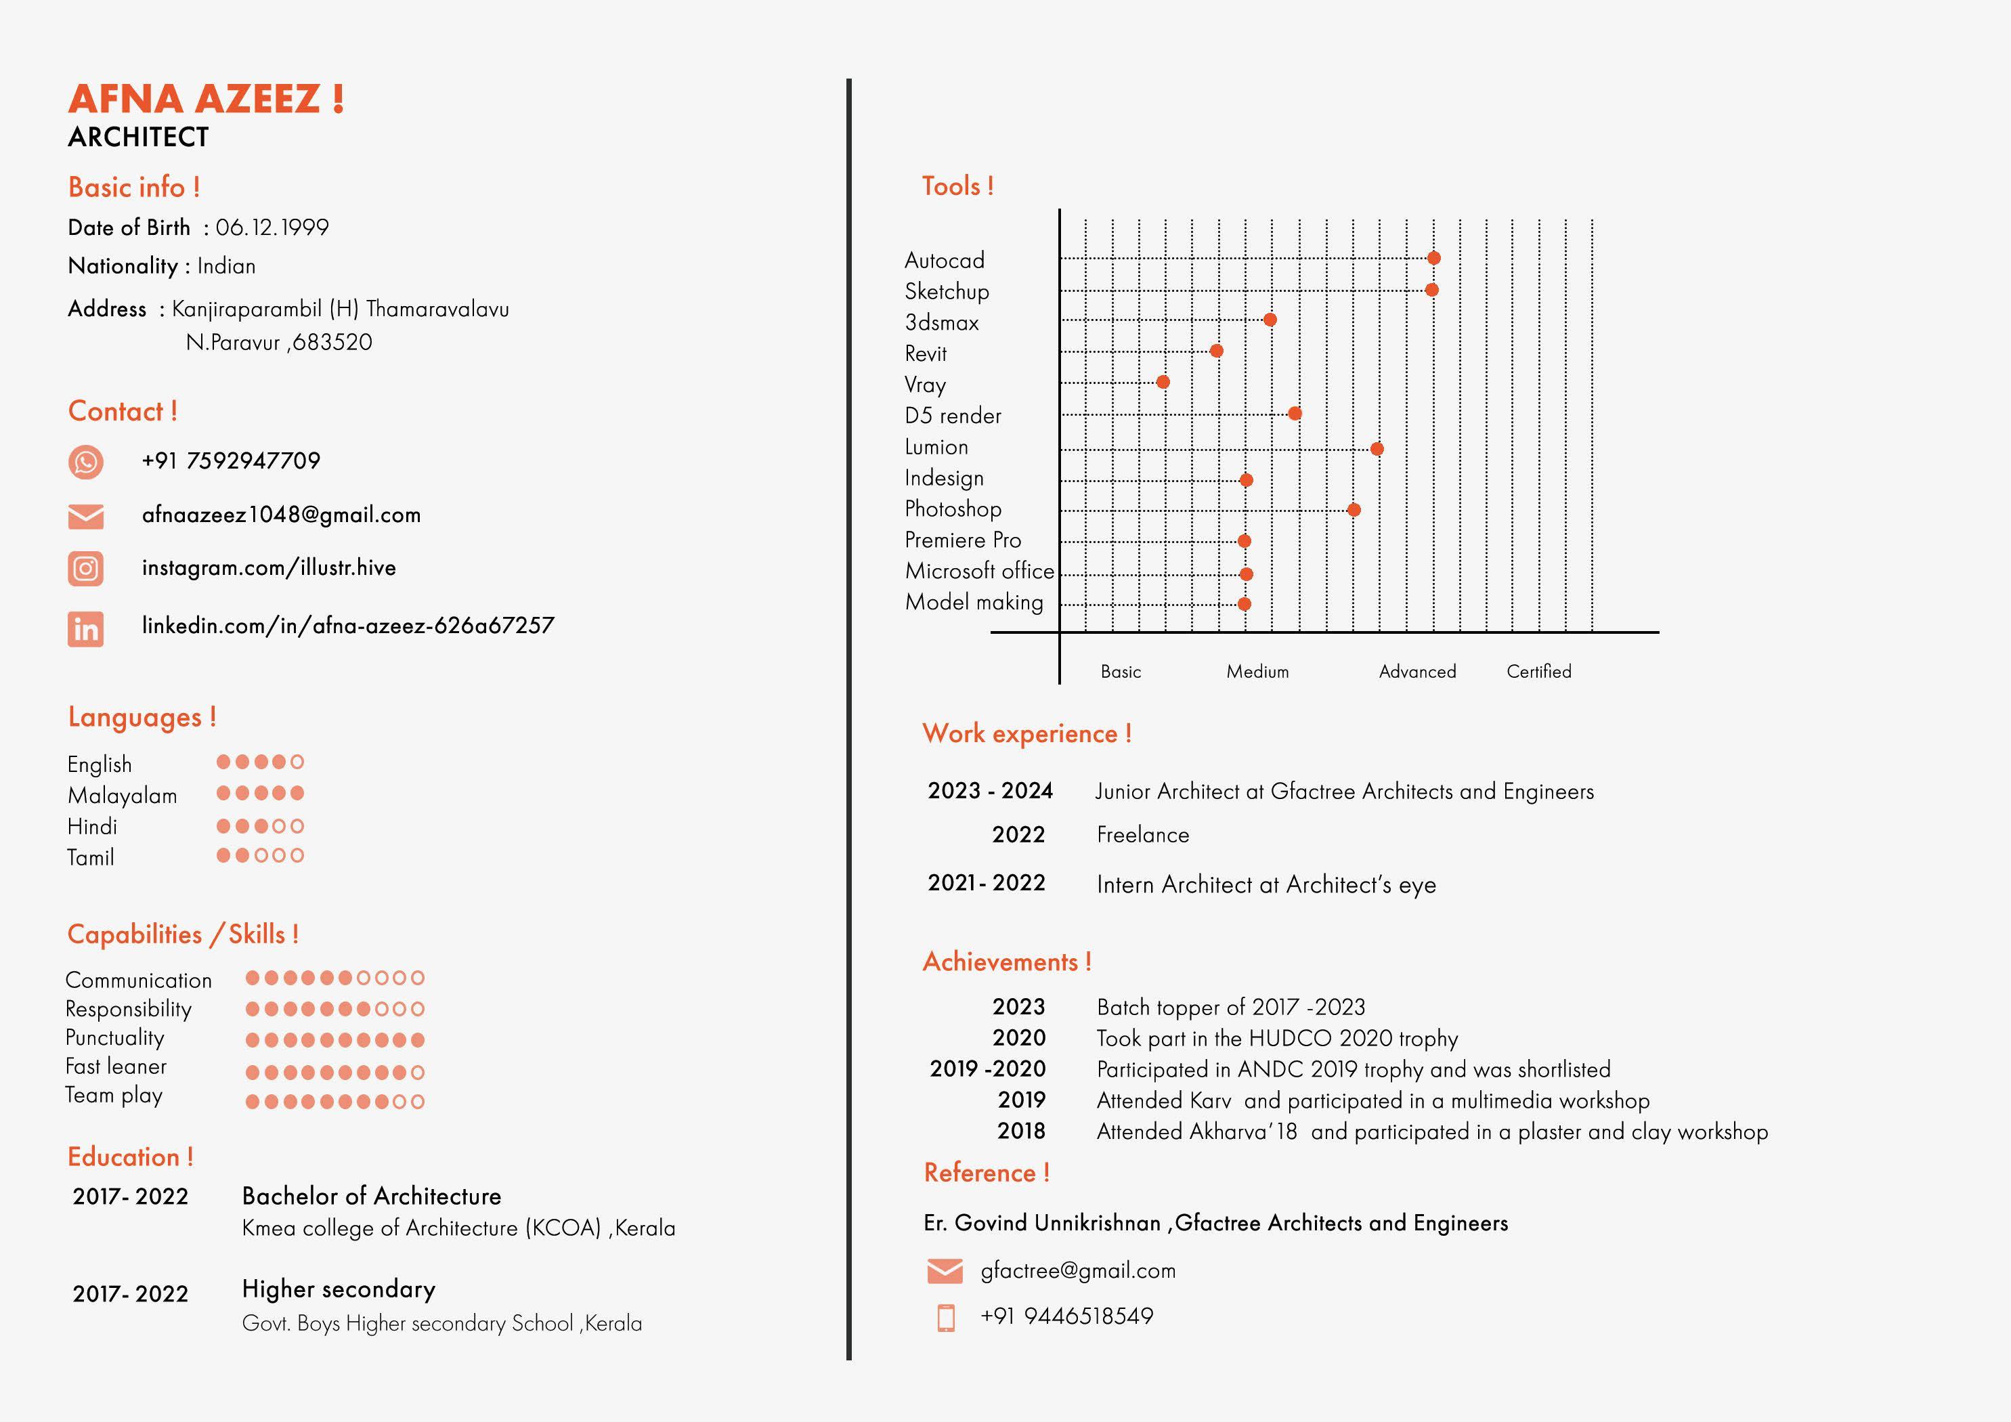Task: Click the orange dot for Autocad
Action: (1434, 257)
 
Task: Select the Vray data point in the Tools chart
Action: (1163, 382)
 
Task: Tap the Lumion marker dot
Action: (1377, 448)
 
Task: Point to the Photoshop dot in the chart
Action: (1354, 510)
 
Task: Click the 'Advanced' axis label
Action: (1417, 672)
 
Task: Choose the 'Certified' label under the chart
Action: (1539, 672)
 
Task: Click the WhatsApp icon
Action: (86, 462)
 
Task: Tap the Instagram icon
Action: (86, 569)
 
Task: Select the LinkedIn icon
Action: (86, 629)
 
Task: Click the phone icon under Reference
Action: (946, 1318)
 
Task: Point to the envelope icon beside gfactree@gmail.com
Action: (944, 1270)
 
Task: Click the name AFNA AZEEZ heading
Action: (206, 99)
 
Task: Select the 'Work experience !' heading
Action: (1026, 733)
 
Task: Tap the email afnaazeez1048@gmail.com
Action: (281, 515)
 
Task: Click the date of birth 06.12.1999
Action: (272, 228)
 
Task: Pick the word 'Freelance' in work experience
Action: (1143, 835)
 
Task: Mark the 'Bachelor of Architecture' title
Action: (371, 1196)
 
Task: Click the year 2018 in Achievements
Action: (1021, 1131)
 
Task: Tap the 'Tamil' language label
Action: (91, 858)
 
